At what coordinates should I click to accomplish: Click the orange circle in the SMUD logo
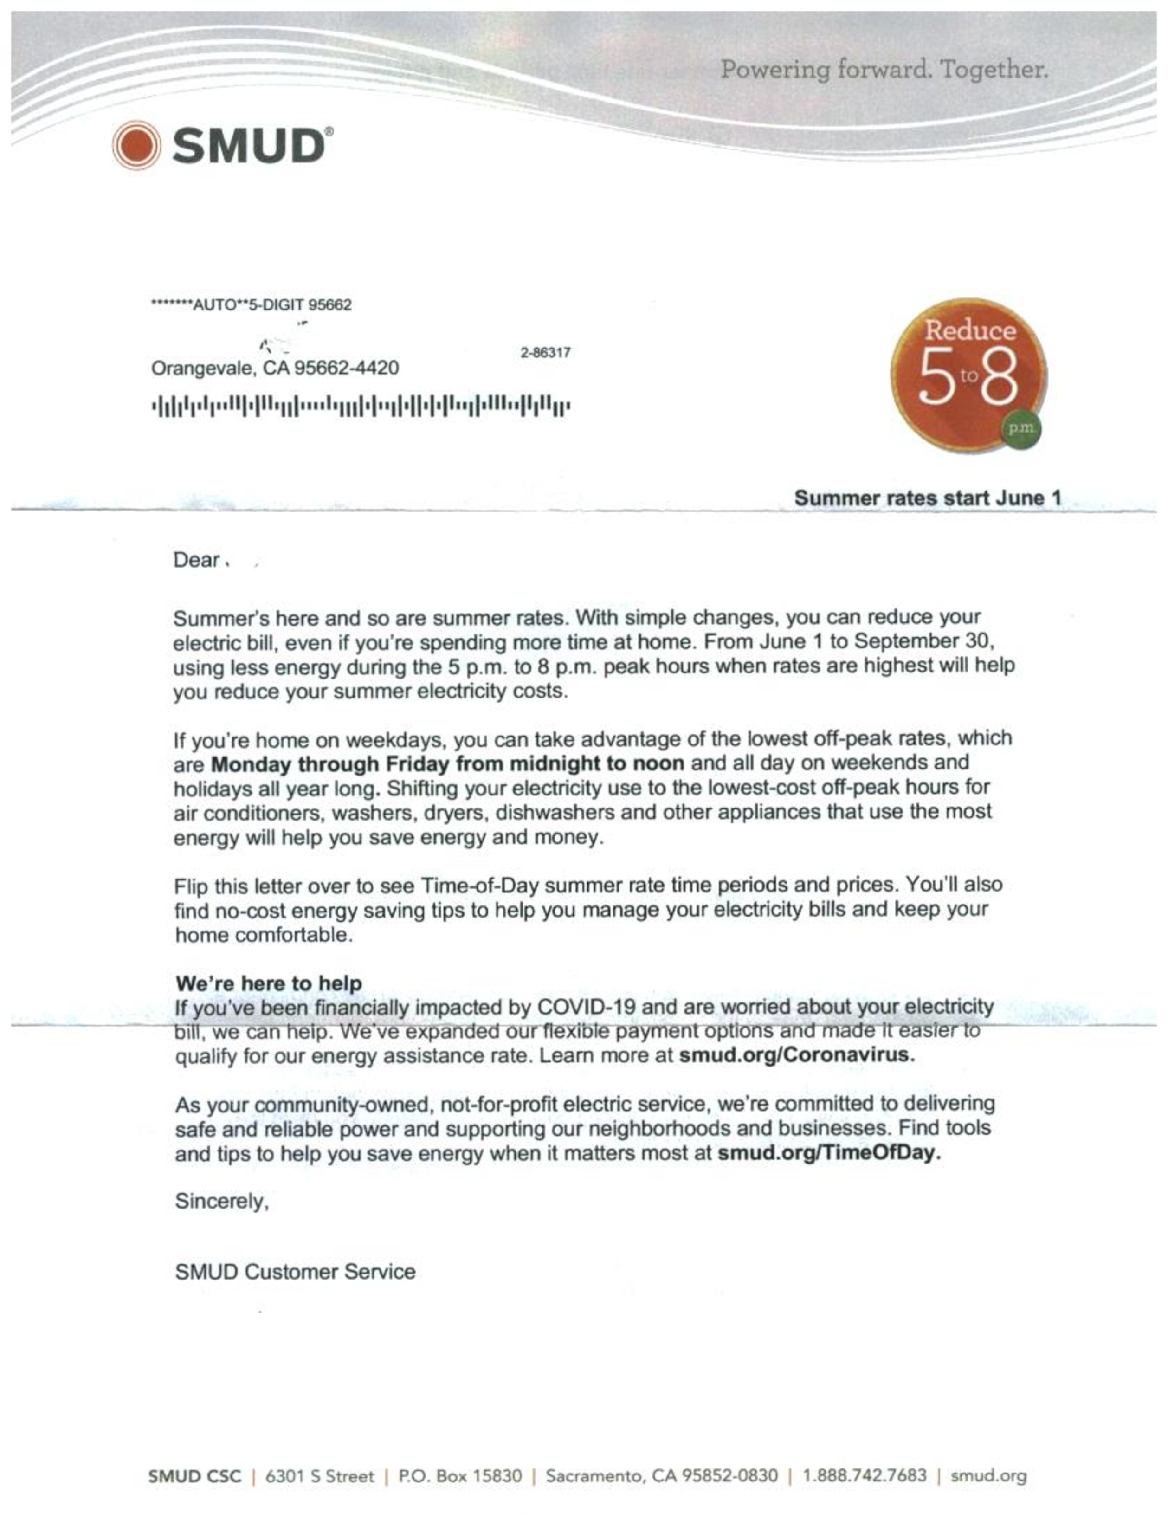click(136, 145)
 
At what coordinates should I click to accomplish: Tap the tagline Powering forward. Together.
click(884, 70)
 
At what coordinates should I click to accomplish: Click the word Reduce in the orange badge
click(970, 330)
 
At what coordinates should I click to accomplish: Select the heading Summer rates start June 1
click(928, 498)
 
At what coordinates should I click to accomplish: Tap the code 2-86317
click(545, 352)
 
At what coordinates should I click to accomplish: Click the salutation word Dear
click(196, 560)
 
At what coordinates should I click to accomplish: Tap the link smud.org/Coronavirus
click(796, 1054)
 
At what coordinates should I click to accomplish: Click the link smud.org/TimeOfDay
click(829, 1153)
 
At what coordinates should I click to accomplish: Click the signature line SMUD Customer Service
click(295, 1272)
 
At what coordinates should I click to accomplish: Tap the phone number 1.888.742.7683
click(864, 1475)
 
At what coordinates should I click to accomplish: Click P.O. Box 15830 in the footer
click(459, 1475)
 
